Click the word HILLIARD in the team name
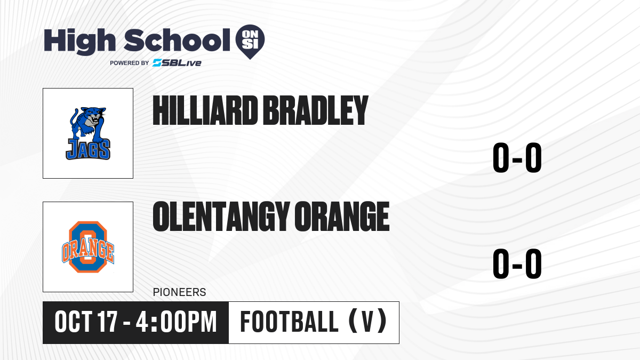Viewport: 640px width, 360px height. coord(205,110)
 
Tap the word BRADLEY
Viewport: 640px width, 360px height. coord(315,110)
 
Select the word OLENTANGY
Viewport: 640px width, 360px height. coord(221,217)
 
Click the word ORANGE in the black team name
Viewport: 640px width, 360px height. coord(342,217)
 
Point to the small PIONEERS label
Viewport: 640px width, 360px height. coord(179,292)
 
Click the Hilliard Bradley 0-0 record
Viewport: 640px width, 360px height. coord(517,158)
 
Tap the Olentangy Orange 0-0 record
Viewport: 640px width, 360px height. coord(517,263)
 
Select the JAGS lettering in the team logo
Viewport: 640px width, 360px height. coord(88,149)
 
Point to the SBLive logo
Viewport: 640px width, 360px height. coord(177,63)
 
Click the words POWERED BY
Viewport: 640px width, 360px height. coord(130,63)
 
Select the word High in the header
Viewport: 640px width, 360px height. coord(79,42)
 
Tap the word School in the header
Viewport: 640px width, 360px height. coord(177,40)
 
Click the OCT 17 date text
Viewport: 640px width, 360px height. coord(86,322)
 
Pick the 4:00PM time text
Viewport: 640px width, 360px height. coord(177,322)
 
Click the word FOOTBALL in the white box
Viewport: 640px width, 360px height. coord(290,322)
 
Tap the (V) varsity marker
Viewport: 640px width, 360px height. coord(368,321)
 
